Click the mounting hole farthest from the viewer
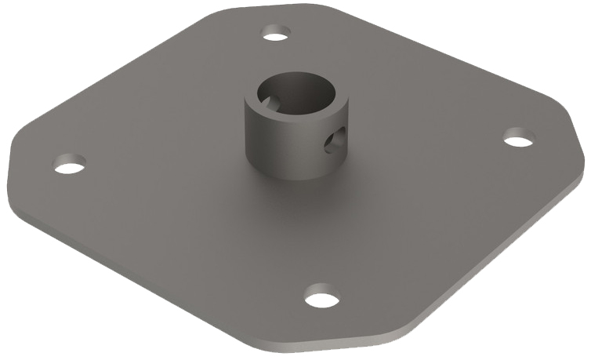pos(276,34)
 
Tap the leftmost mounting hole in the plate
pos(69,165)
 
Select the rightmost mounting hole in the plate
pos(518,140)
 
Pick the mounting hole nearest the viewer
pos(321,298)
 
